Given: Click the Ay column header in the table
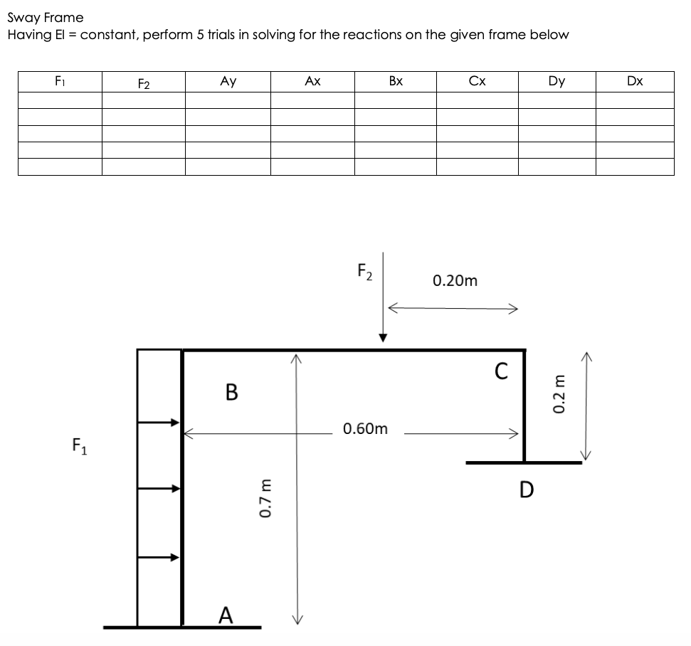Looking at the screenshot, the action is pos(228,81).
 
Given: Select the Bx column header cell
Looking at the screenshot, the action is pos(396,81).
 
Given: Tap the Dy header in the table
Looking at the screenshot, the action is pos(557,81).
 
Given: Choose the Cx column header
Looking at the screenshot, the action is pos(477,81).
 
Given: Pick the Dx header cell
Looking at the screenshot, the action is pos(635,81).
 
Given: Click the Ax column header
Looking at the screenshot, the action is pos(312,81).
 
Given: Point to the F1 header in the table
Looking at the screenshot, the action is pos(60,81).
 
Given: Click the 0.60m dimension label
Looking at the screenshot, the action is pos(365,428).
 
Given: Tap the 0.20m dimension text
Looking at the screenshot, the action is pos(455,281).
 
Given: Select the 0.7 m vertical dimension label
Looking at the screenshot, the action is pos(265,498).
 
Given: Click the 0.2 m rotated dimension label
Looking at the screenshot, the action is pos(559,394).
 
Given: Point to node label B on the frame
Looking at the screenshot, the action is pos(231,392).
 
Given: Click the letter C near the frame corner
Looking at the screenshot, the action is pos(501,371).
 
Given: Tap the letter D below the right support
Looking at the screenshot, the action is pos(527,489).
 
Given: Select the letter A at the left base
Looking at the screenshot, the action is pos(226,615).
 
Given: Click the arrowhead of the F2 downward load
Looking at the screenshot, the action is pos(383,338).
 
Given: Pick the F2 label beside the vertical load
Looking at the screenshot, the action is pos(364,272).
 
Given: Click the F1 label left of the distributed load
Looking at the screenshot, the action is pos(79,445).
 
